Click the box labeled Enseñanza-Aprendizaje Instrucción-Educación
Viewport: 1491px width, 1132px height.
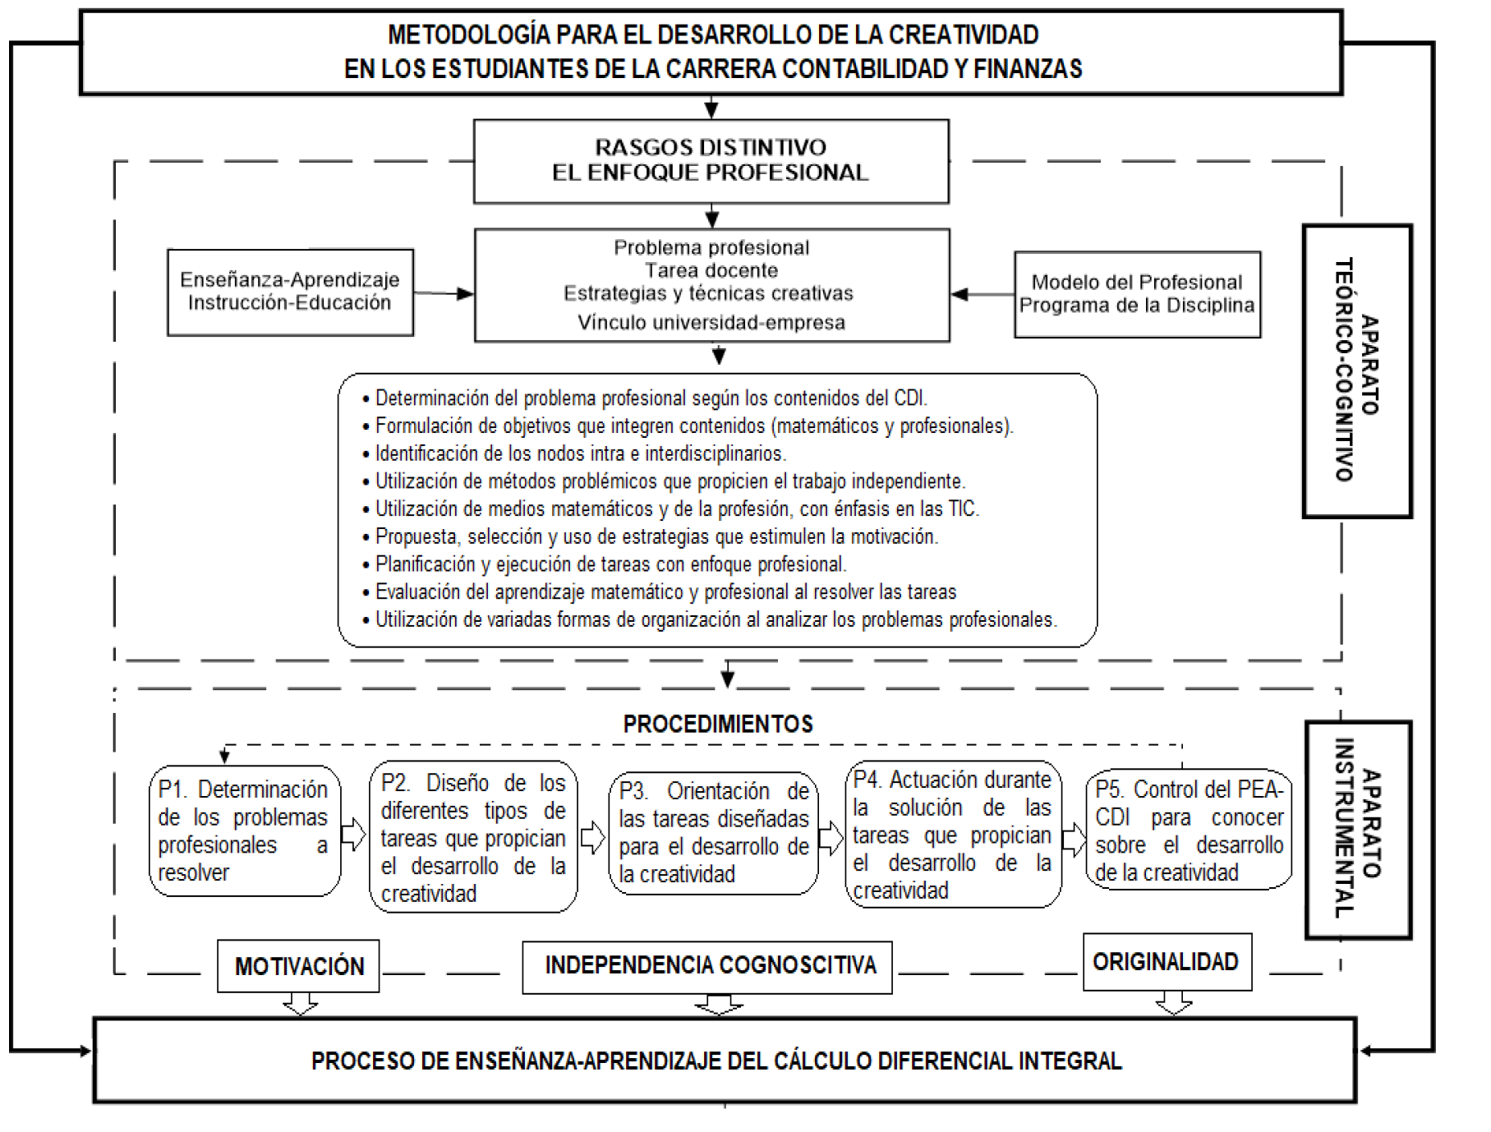pos(290,292)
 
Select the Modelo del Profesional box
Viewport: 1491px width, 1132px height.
pos(1137,294)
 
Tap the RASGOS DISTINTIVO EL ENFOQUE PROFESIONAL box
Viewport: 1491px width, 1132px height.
pos(711,161)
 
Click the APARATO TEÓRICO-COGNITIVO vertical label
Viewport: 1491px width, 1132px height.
pos(1356,370)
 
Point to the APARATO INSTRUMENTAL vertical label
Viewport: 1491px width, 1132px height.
pos(1358,829)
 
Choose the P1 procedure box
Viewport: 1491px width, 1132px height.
pos(244,831)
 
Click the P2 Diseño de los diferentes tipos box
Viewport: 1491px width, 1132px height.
pos(473,837)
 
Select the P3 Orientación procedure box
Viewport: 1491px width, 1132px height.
pos(713,833)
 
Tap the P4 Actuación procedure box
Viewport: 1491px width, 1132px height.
pos(952,834)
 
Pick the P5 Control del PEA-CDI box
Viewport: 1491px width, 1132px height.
pos(1188,831)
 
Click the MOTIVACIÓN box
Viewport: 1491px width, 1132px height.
pos(299,966)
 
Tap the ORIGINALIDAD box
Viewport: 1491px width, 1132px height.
pos(1167,962)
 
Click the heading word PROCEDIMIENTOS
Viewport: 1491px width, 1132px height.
pos(718,724)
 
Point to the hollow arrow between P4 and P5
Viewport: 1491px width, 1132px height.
pos(1073,838)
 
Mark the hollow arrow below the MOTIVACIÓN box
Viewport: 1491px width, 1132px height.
pos(299,1004)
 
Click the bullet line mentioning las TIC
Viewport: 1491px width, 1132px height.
pos(676,509)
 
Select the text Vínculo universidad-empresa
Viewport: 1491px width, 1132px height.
pos(711,323)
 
